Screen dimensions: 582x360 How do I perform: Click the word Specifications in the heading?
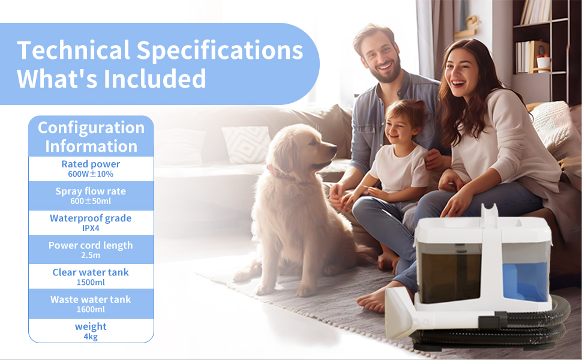(x=220, y=51)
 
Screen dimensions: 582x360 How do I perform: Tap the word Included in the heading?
(x=155, y=79)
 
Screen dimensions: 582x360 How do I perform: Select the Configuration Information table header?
(x=91, y=137)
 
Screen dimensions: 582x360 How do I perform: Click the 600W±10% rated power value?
(x=91, y=174)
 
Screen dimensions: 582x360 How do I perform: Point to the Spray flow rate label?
(x=91, y=191)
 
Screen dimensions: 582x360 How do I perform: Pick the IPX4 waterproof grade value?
(x=91, y=228)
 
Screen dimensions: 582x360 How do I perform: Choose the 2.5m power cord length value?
(x=91, y=256)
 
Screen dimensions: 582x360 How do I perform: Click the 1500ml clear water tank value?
(x=91, y=283)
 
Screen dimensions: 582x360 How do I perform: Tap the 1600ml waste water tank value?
(x=91, y=310)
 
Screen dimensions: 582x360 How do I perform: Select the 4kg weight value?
(x=91, y=337)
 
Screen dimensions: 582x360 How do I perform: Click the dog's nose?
(x=334, y=149)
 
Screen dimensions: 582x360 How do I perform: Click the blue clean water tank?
(x=525, y=281)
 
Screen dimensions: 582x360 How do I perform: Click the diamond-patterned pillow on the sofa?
(x=246, y=145)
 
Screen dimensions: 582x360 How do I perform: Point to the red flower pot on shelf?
(x=544, y=62)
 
